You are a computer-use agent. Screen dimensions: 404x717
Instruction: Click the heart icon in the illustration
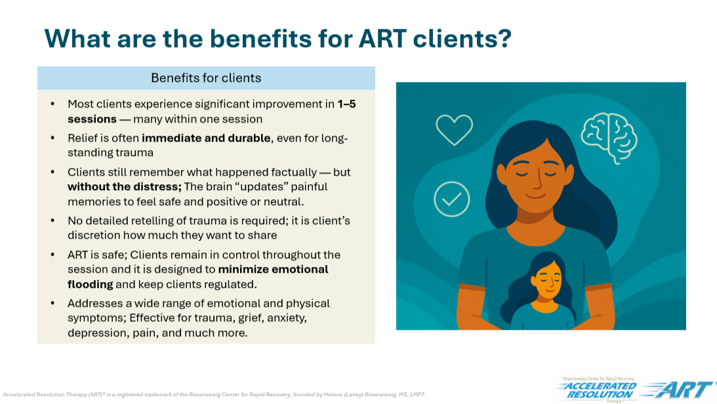[x=454, y=129]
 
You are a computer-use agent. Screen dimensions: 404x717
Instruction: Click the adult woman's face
[x=530, y=180]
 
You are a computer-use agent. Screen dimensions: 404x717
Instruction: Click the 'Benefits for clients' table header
[x=206, y=78]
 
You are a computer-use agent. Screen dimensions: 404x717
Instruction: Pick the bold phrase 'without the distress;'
[x=124, y=186]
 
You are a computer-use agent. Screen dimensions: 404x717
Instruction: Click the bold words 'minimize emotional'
[x=273, y=270]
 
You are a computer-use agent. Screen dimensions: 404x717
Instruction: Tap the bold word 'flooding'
[x=91, y=284]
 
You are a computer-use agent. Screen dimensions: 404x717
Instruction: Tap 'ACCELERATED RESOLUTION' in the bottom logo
[x=597, y=390]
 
